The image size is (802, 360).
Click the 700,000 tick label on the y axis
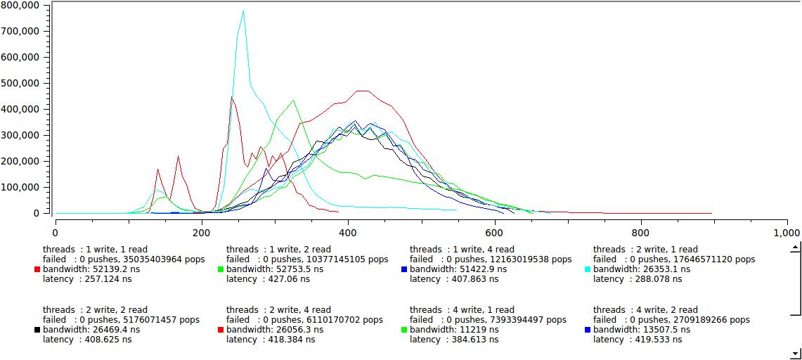pos(20,31)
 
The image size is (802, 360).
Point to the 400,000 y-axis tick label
pos(20,109)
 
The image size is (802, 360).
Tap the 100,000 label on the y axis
pos(20,187)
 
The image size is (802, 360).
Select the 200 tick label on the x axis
pos(202,233)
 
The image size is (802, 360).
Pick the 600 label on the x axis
pos(495,233)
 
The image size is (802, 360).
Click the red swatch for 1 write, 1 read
pos(37,269)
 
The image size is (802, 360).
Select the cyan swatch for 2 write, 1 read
pos(588,269)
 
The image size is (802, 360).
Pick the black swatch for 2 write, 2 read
pos(37,330)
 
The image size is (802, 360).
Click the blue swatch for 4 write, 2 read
pos(588,330)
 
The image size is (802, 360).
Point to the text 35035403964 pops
pos(155,259)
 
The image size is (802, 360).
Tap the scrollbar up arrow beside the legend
pos(795,247)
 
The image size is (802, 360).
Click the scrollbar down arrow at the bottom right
pos(795,354)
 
